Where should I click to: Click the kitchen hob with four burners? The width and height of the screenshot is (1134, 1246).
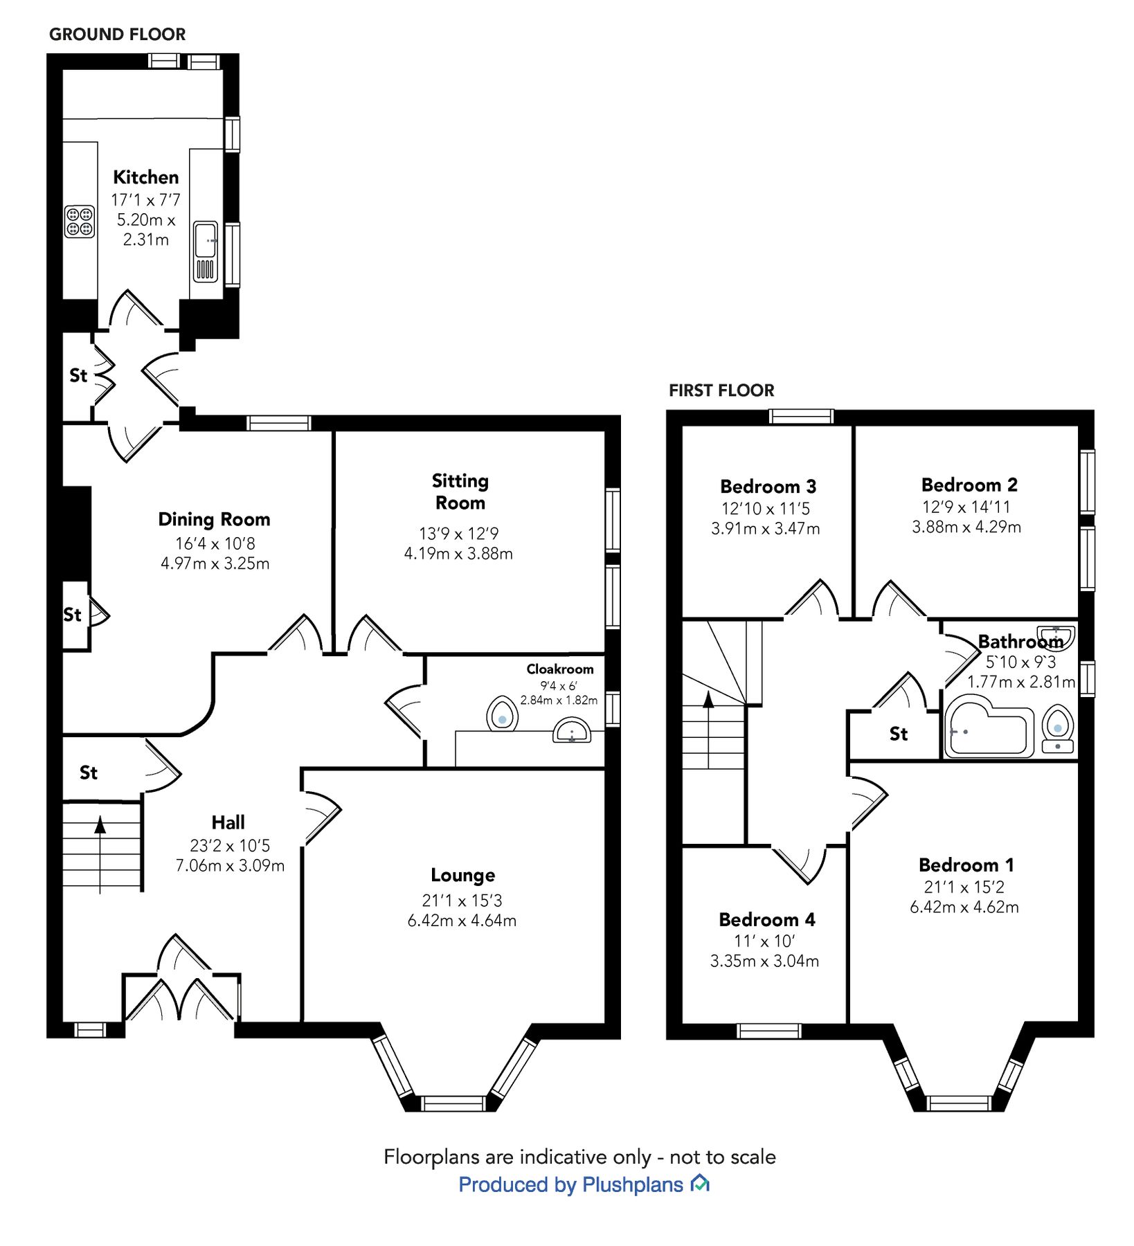(80, 222)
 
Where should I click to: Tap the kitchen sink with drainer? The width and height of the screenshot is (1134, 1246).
(205, 251)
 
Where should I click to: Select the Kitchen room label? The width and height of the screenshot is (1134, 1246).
(145, 177)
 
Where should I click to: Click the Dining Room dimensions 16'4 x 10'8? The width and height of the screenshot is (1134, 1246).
(215, 543)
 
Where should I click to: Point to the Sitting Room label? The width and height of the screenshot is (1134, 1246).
(460, 491)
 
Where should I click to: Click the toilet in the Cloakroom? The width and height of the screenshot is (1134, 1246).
(502, 714)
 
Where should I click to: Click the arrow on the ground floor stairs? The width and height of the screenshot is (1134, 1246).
(100, 825)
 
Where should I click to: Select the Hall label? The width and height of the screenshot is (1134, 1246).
(228, 822)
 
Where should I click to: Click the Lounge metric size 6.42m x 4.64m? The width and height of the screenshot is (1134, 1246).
(462, 921)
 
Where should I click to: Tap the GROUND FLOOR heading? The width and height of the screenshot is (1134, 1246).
(117, 35)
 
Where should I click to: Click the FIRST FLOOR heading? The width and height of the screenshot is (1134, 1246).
(721, 390)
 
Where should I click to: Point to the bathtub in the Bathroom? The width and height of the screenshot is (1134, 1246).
(989, 732)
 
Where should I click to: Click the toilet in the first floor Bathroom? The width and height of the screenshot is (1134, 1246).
(1057, 727)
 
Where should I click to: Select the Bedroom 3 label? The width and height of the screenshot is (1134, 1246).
(768, 486)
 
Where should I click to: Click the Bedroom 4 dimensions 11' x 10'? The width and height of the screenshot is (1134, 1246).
(764, 941)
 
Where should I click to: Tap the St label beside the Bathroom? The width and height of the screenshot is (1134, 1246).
(898, 734)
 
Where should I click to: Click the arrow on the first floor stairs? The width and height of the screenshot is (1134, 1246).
(708, 700)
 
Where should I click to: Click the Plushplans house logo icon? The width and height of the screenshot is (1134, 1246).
(700, 1184)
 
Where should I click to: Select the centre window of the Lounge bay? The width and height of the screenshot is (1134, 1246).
(453, 1103)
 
